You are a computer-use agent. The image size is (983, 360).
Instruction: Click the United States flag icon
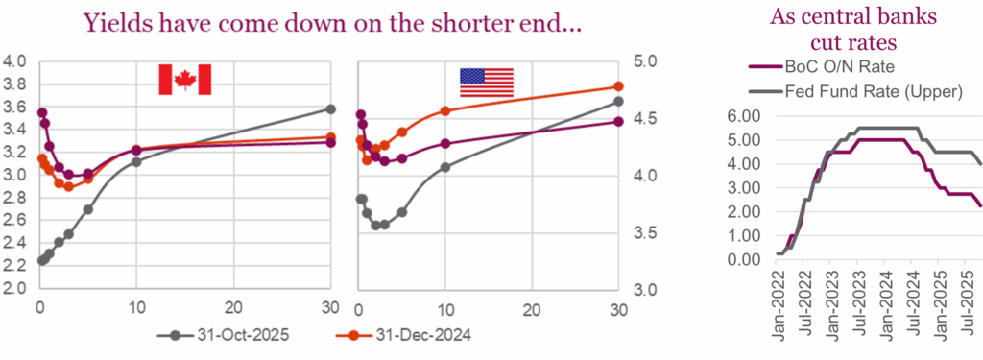486,82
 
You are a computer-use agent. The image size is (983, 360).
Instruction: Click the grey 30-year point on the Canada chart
331,108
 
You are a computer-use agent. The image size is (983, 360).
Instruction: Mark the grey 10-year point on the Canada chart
136,161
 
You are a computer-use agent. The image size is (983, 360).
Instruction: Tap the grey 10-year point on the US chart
444,167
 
